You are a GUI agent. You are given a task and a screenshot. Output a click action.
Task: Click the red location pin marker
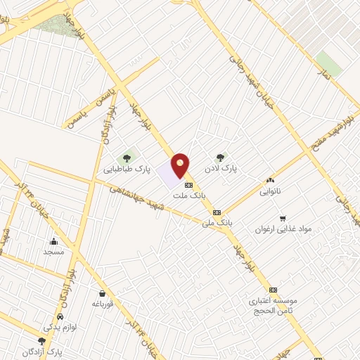pyautogui.click(x=181, y=165)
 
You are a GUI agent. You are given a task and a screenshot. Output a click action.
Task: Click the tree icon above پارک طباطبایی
pyautogui.click(x=127, y=157)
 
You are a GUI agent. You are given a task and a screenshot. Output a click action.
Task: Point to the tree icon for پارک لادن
pyautogui.click(x=220, y=157)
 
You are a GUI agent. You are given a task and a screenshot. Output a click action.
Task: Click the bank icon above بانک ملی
pyautogui.click(x=217, y=212)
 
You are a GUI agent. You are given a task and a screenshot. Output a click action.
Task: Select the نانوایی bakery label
pyautogui.click(x=270, y=191)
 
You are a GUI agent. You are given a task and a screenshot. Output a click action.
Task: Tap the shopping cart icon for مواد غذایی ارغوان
pyautogui.click(x=282, y=219)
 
